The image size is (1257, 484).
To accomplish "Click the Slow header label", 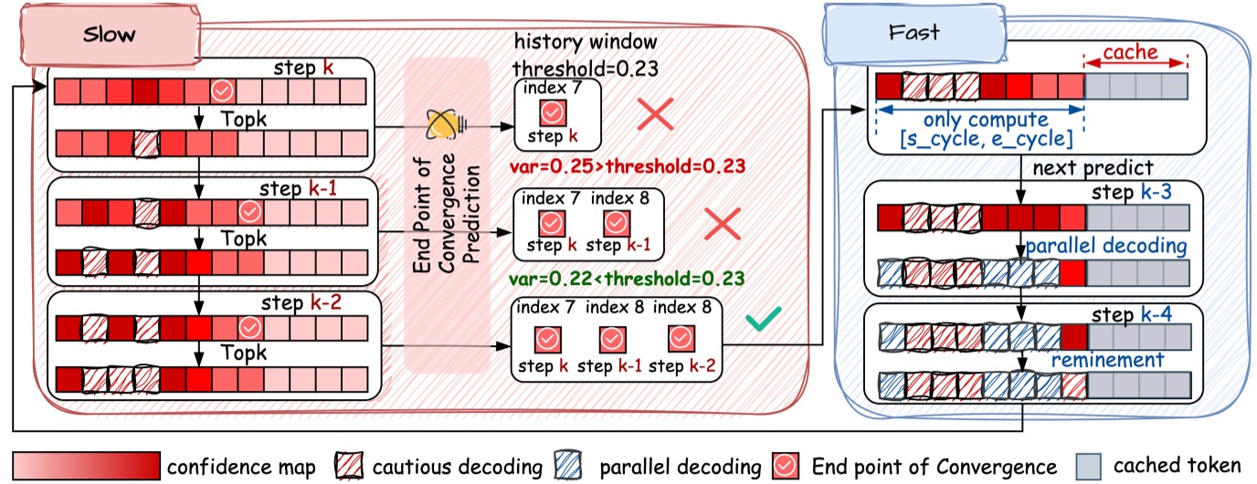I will [x=109, y=35].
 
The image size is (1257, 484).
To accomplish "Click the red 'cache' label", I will [x=1136, y=53].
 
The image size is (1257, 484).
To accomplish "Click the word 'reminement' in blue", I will [x=1107, y=360].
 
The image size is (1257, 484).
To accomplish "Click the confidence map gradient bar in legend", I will [x=83, y=466].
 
